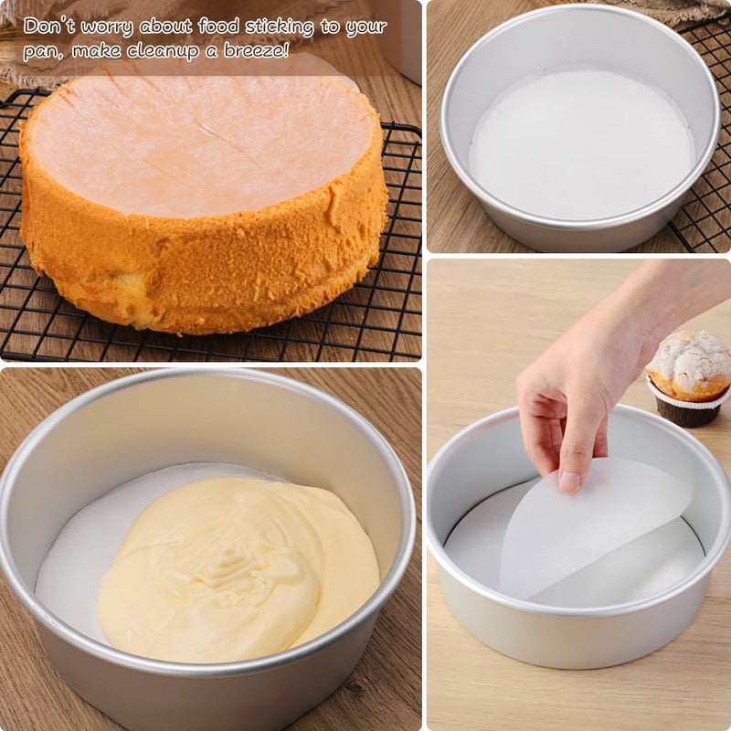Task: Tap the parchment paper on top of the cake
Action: [x=201, y=146]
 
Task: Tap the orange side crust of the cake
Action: [x=201, y=274]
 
